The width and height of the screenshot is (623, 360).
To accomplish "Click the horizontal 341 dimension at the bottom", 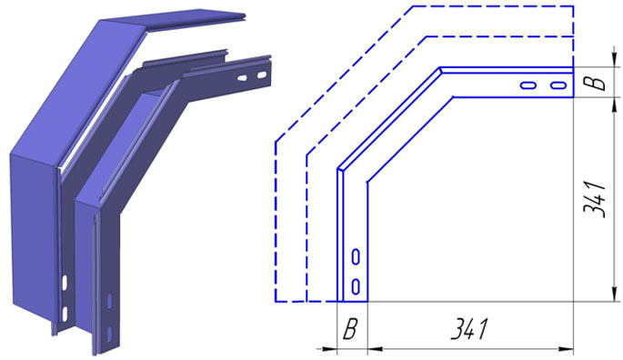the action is [x=468, y=328].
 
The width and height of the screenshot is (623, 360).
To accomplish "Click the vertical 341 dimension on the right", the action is [x=595, y=200].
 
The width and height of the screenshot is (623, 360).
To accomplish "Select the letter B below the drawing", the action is [x=349, y=329].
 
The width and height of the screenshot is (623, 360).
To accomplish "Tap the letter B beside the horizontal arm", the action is [x=595, y=83].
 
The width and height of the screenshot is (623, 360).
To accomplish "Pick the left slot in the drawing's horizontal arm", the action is [x=528, y=85].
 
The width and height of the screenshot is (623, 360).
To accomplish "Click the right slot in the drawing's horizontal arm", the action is [x=558, y=85].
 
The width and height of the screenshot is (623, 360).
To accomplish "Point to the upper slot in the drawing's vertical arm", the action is [x=356, y=256].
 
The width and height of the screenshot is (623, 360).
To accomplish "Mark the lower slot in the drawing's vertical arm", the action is [x=356, y=286].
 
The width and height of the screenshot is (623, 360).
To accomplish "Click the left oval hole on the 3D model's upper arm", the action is [x=242, y=78].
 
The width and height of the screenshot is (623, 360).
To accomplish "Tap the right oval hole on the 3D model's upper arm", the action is [x=262, y=75].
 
